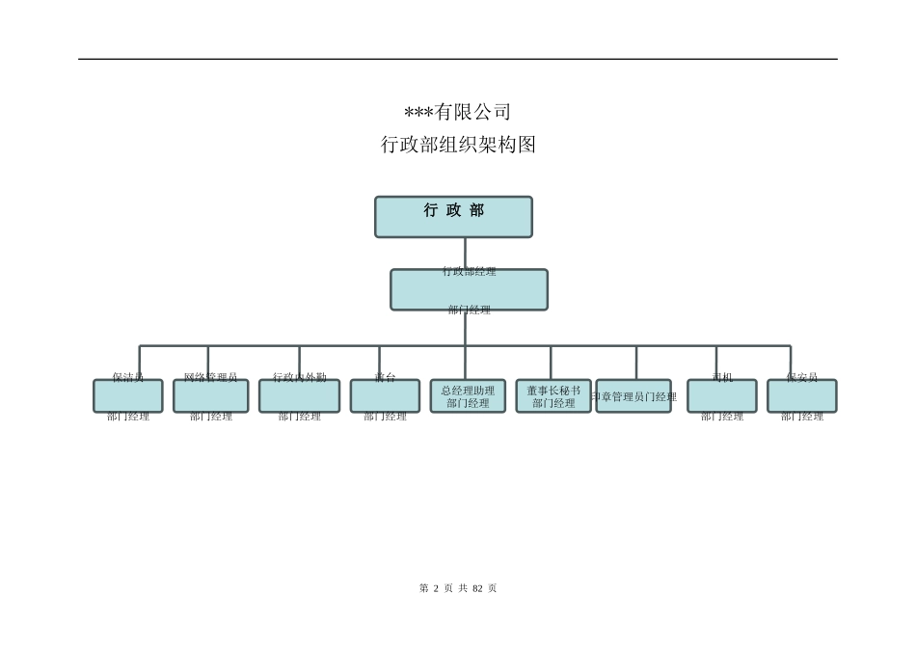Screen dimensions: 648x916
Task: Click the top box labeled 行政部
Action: (x=453, y=217)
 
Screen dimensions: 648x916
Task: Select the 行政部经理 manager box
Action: (x=469, y=289)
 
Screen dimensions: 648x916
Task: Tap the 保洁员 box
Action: (x=127, y=395)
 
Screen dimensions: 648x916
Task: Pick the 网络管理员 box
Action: (x=210, y=395)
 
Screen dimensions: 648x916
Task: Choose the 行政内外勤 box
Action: (x=299, y=395)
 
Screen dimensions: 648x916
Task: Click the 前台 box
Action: (x=385, y=395)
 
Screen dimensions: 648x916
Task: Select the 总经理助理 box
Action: (x=468, y=395)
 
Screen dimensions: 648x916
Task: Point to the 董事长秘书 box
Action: (x=553, y=395)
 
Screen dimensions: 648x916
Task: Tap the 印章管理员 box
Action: (x=633, y=395)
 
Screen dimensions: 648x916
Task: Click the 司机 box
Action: (x=721, y=395)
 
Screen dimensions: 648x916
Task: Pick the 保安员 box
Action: (x=801, y=395)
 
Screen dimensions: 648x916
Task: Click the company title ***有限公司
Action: (x=457, y=112)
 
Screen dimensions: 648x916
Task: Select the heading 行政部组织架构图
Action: (x=458, y=145)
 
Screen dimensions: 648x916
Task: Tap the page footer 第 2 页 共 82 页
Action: (x=458, y=588)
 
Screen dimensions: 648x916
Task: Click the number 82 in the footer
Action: (x=477, y=588)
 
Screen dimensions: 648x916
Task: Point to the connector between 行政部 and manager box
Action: (x=465, y=253)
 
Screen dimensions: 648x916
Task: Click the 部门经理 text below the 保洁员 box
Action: (x=127, y=417)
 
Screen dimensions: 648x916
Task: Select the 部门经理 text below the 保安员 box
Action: (x=801, y=417)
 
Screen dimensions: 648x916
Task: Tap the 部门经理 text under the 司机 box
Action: (x=721, y=417)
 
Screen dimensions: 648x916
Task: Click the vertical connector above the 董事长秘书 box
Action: (x=551, y=362)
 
